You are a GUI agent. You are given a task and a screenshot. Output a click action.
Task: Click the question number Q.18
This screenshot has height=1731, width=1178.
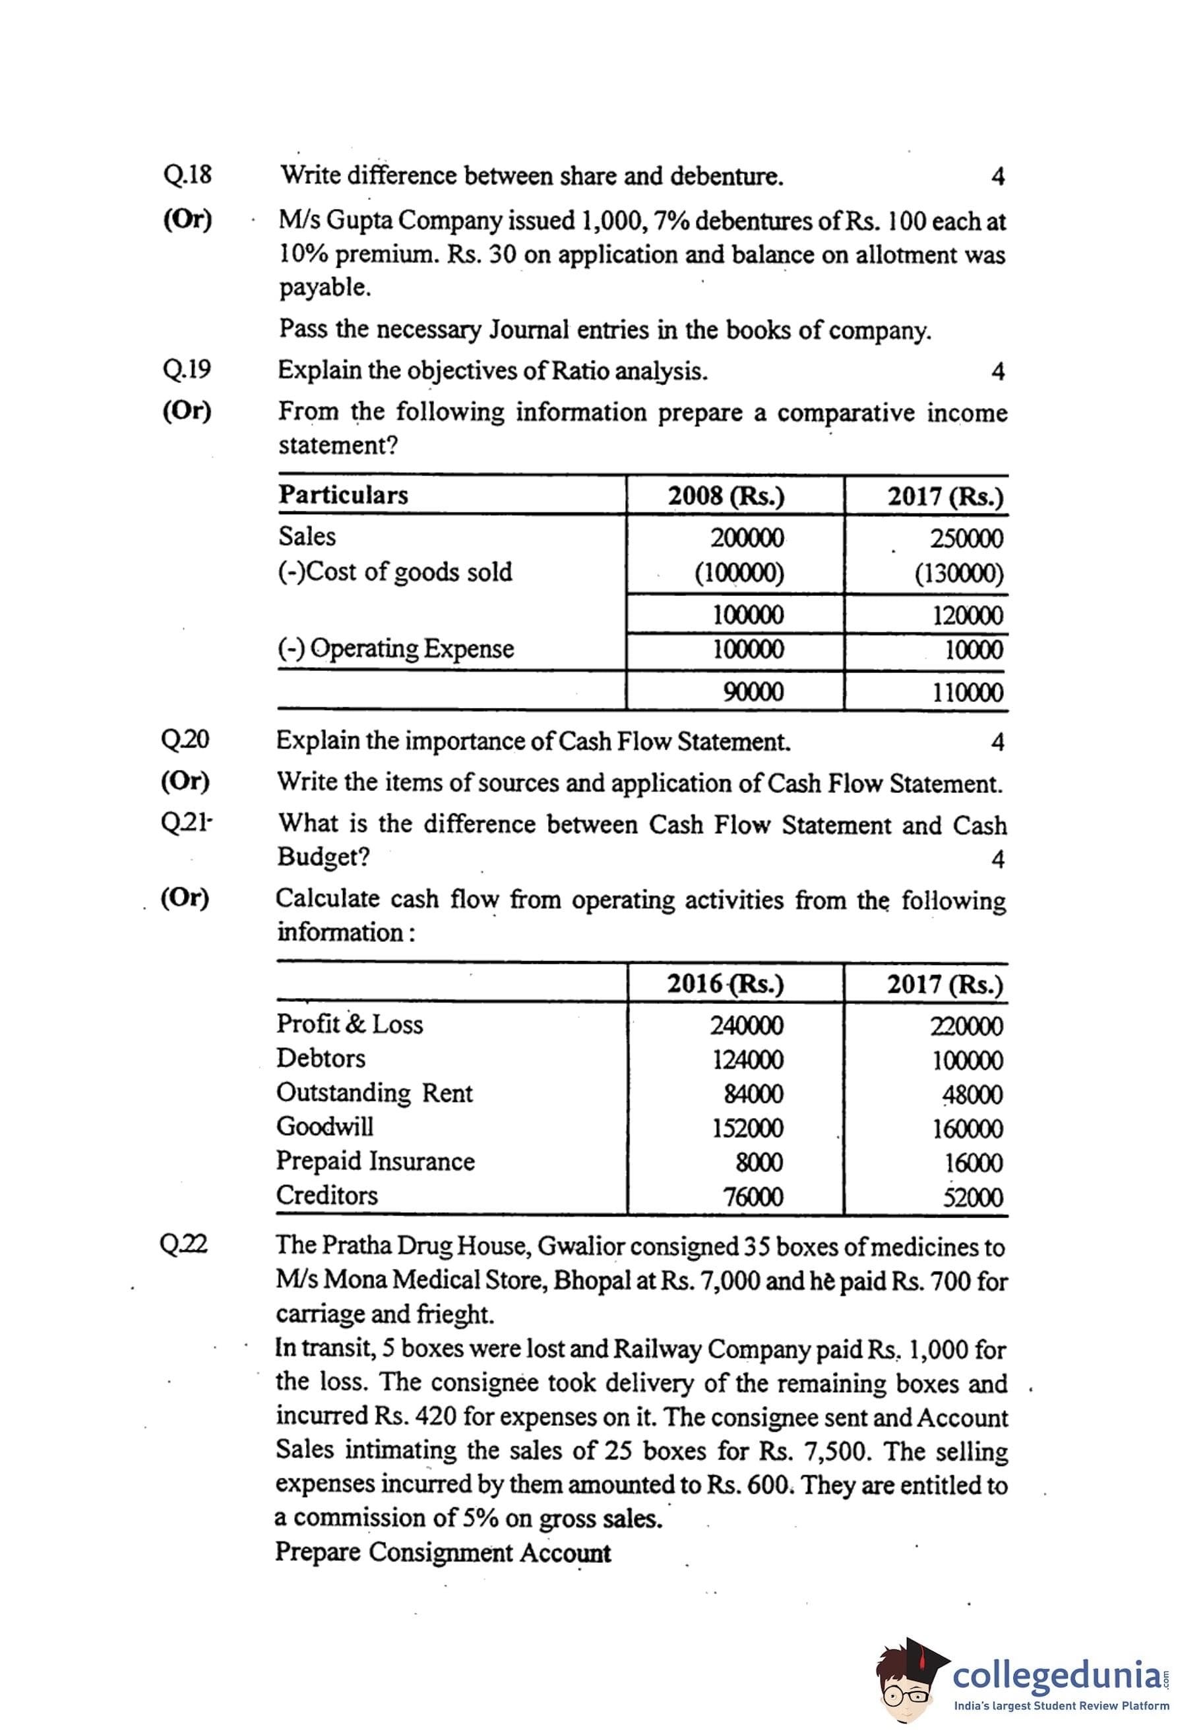point(187,175)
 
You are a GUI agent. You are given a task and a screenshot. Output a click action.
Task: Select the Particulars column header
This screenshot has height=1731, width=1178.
point(344,494)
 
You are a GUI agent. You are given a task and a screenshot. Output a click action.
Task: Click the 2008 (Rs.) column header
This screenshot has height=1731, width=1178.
point(726,496)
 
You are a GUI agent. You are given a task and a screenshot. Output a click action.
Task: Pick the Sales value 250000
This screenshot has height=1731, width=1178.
point(966,538)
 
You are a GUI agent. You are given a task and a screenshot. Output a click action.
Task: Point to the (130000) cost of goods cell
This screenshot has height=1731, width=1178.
point(959,573)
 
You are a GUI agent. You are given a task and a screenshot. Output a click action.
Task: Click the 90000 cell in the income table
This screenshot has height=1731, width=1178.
point(753,692)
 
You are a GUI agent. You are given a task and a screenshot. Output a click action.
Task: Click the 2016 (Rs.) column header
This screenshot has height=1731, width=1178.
point(725,984)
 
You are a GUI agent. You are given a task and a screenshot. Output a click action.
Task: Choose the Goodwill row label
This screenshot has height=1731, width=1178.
point(325,1126)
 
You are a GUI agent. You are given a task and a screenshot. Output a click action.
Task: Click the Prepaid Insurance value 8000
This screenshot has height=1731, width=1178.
point(759,1162)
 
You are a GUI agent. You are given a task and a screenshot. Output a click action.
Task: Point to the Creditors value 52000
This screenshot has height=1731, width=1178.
point(972,1197)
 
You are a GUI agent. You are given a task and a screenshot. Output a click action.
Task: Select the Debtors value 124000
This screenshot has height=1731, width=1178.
point(747,1059)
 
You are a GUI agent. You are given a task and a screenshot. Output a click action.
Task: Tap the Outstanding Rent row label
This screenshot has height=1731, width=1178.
point(374,1093)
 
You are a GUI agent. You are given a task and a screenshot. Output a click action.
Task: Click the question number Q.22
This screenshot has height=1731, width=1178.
point(184,1244)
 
